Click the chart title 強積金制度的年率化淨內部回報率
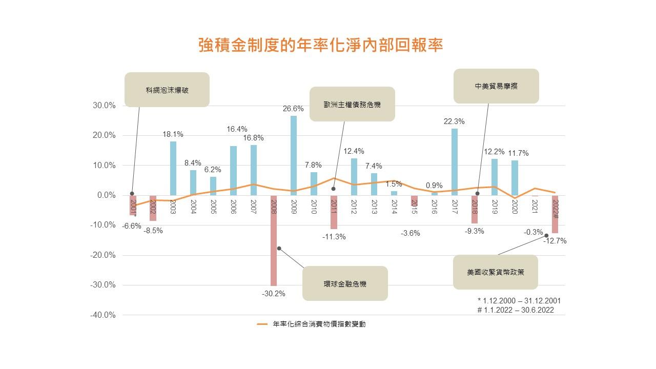pyautogui.click(x=320, y=45)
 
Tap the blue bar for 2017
pyautogui.click(x=454, y=161)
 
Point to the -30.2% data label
pyautogui.click(x=273, y=294)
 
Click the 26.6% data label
pyautogui.click(x=294, y=109)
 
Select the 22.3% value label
pyautogui.click(x=454, y=121)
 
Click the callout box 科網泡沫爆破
pyautogui.click(x=167, y=90)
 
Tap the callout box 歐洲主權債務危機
pyautogui.click(x=352, y=104)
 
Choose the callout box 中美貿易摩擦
pyautogui.click(x=496, y=86)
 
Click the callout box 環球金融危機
pyautogui.click(x=345, y=283)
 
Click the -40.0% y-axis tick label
pyautogui.click(x=103, y=315)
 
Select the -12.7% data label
pyautogui.click(x=555, y=241)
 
